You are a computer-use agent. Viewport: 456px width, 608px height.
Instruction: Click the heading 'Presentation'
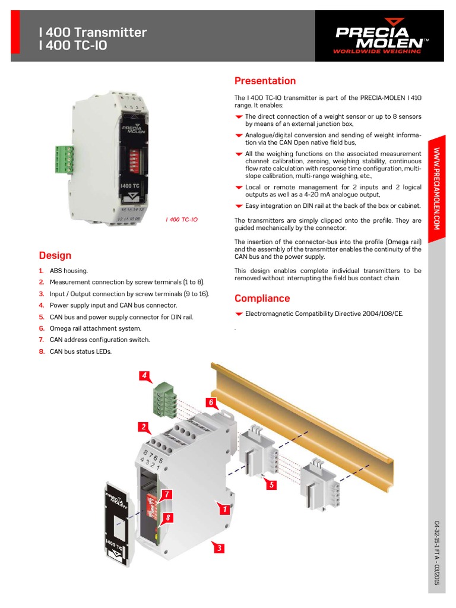pos(265,81)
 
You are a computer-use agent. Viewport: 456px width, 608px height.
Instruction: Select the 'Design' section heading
pos(55,256)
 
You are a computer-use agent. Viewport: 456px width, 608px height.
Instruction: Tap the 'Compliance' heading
pos(262,299)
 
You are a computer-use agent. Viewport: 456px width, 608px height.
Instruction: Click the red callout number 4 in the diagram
pos(144,376)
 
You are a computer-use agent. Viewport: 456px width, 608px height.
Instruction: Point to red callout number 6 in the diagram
pos(210,403)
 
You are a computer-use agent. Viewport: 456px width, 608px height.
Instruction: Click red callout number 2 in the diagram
pos(143,426)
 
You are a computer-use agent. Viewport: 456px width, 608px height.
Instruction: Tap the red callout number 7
pos(167,494)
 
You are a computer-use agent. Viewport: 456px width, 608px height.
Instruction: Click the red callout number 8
pos(168,518)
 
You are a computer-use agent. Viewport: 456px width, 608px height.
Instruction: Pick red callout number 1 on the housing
pos(224,509)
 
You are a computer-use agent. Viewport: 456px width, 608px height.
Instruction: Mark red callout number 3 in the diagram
pos(219,548)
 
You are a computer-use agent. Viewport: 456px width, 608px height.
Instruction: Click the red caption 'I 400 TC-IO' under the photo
pos(182,220)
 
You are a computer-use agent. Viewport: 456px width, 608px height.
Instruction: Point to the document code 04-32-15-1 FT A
pos(437,553)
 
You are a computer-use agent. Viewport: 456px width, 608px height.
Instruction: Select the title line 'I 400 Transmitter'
pos(93,32)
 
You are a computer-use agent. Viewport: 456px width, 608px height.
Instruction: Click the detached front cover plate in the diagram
pos(118,525)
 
